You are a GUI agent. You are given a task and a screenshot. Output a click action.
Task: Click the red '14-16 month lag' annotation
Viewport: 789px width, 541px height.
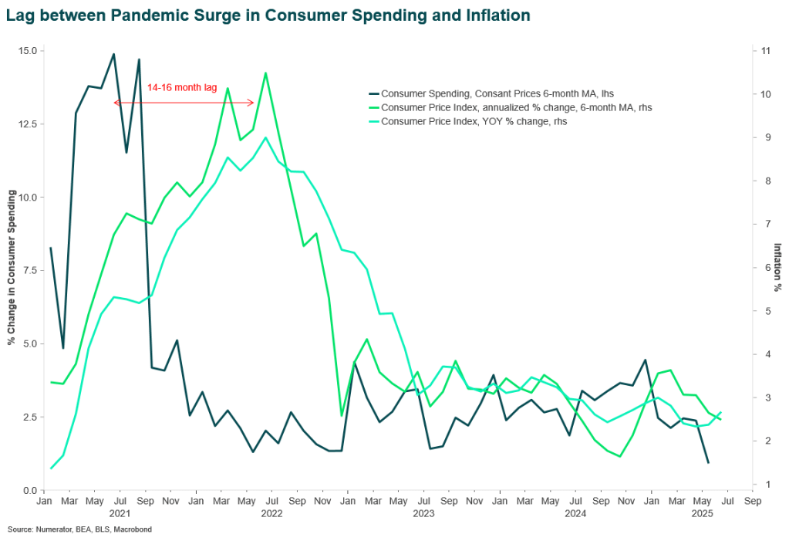[x=183, y=88]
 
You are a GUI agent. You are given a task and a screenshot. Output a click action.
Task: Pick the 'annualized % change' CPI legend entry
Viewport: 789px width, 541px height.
[x=521, y=107]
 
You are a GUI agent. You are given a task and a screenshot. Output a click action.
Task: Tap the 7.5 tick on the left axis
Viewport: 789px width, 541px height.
[x=30, y=271]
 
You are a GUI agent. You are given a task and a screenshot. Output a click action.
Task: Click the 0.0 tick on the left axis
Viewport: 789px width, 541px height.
[x=30, y=490]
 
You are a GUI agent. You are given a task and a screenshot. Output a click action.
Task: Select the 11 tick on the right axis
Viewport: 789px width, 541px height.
[x=766, y=51]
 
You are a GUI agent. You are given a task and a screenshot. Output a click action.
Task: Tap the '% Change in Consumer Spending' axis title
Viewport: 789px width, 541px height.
[x=12, y=270]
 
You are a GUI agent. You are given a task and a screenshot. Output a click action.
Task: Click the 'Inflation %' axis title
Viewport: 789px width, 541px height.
[x=778, y=267]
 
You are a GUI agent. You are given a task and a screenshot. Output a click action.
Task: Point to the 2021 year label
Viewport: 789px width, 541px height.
[x=120, y=512]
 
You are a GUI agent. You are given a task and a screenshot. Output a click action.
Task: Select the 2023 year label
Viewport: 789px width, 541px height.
[x=423, y=512]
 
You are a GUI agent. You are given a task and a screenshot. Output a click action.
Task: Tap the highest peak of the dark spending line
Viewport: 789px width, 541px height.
[x=114, y=54]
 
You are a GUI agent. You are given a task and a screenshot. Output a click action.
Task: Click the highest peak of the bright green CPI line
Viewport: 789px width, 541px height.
[x=265, y=73]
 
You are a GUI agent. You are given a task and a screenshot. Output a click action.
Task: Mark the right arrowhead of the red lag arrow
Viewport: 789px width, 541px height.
[x=252, y=103]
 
